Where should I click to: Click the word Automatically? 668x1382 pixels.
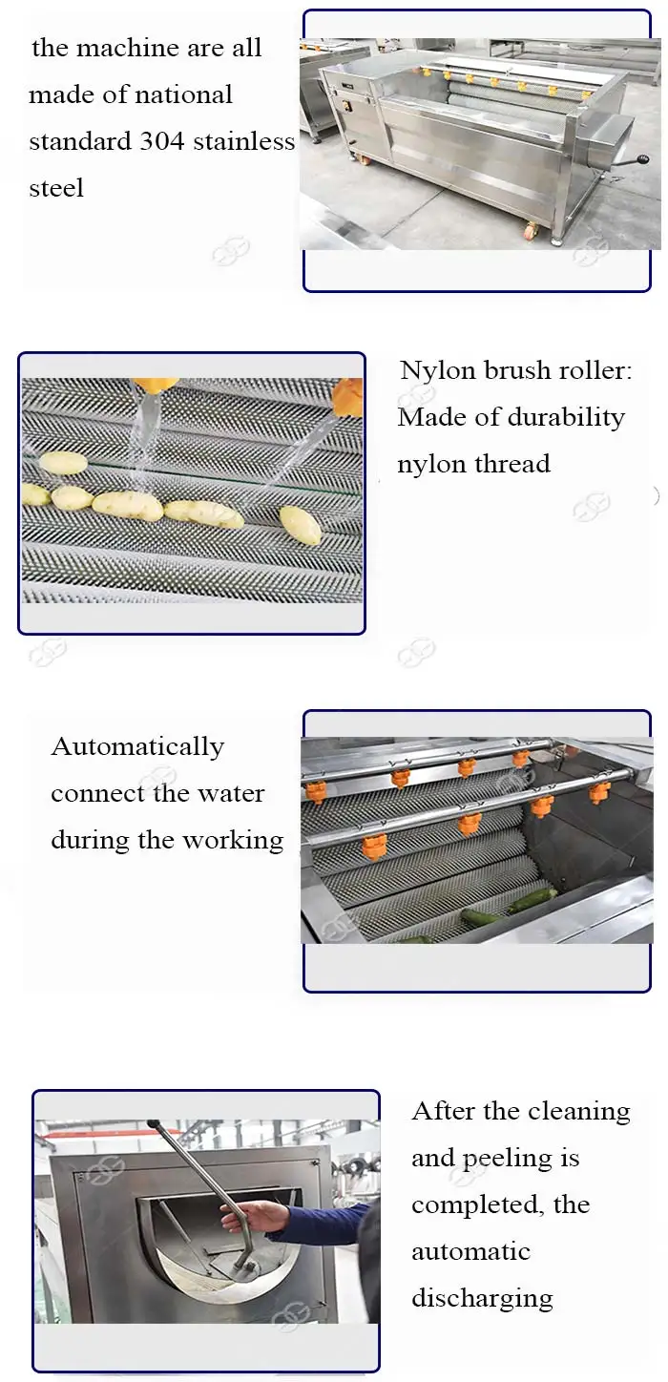coord(137,746)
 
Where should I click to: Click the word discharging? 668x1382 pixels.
coord(482,1298)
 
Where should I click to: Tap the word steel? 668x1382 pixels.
coord(56,188)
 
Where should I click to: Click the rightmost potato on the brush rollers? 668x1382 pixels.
coord(301,525)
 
